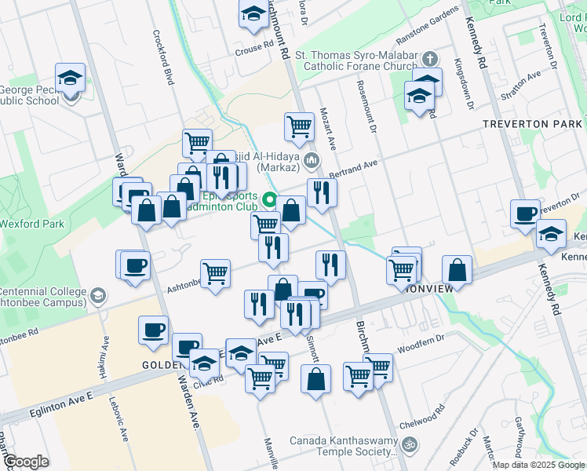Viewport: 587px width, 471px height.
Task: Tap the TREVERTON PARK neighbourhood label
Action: coord(533,124)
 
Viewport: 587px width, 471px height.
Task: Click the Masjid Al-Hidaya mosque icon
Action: coord(312,162)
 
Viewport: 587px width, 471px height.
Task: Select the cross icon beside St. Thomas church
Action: coord(428,59)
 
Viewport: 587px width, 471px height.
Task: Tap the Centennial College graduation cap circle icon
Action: coord(97,296)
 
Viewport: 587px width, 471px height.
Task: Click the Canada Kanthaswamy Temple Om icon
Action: coord(407,445)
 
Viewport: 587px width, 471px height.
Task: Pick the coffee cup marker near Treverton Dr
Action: coord(525,212)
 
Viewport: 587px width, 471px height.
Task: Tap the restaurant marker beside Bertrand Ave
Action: coord(322,192)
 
